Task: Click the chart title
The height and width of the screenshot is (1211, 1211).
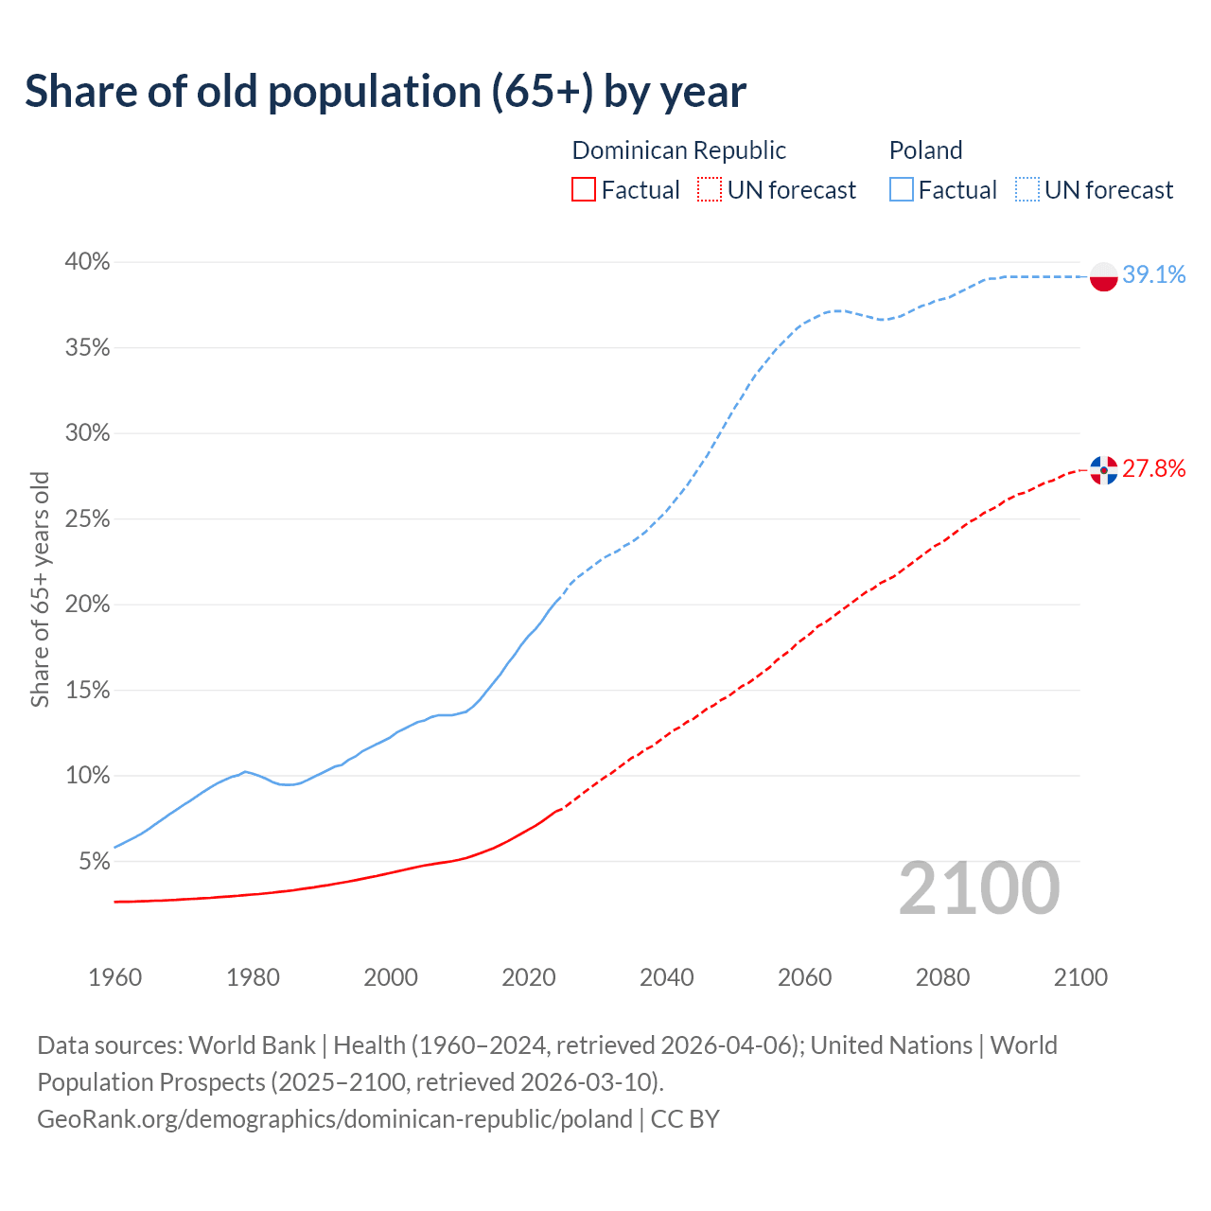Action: pyautogui.click(x=385, y=92)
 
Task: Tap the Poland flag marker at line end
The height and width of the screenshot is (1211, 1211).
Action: pyautogui.click(x=1104, y=276)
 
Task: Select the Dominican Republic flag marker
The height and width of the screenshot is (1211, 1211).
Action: pyautogui.click(x=1104, y=469)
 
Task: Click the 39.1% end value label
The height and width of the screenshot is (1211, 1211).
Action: pyautogui.click(x=1154, y=275)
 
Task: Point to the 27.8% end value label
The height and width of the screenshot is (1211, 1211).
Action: pyautogui.click(x=1154, y=468)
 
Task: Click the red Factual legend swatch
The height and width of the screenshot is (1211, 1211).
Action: pyautogui.click(x=584, y=190)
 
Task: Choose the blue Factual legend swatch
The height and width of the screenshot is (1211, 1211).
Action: pyautogui.click(x=902, y=190)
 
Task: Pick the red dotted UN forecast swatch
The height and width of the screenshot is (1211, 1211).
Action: pyautogui.click(x=710, y=190)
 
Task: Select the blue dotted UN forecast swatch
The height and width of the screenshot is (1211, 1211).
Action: pyautogui.click(x=1027, y=190)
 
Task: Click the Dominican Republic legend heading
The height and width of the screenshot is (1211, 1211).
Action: pyautogui.click(x=678, y=150)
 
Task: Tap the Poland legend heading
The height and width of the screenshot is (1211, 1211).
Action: pyautogui.click(x=925, y=150)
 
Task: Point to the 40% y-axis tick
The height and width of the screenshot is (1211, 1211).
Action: pyautogui.click(x=88, y=262)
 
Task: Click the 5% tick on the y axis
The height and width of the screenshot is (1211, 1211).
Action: pyautogui.click(x=94, y=862)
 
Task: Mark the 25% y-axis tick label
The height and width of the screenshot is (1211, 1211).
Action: pyautogui.click(x=88, y=519)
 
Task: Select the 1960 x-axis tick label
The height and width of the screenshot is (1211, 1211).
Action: pyautogui.click(x=114, y=977)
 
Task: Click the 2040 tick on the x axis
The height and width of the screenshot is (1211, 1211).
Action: pyautogui.click(x=666, y=977)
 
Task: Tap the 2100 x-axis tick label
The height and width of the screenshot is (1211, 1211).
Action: pyautogui.click(x=1079, y=977)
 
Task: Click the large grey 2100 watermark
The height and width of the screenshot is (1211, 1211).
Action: pyautogui.click(x=978, y=888)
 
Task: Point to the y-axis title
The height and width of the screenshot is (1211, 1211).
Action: pyautogui.click(x=40, y=589)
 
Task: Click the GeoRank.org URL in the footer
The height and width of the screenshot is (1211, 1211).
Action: pyautogui.click(x=335, y=1119)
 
